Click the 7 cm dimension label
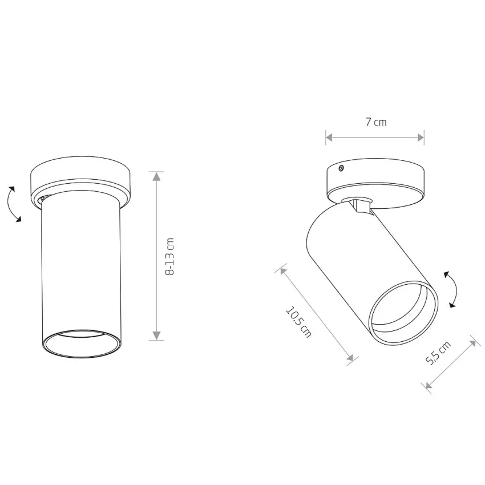[x=376, y=122]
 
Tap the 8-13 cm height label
[x=170, y=257]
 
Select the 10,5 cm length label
[x=298, y=322]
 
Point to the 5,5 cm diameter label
[x=438, y=353]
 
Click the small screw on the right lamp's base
[x=341, y=168]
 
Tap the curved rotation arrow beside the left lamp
[x=13, y=204]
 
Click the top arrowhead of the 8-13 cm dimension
[x=157, y=176]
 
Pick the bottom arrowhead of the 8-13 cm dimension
[x=157, y=336]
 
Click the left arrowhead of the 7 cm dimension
[x=330, y=138]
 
